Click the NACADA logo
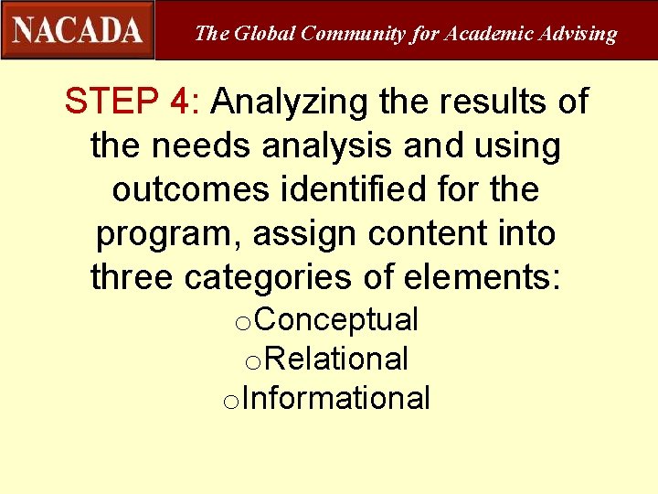click(78, 29)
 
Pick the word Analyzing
click(289, 102)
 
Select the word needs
click(192, 145)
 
